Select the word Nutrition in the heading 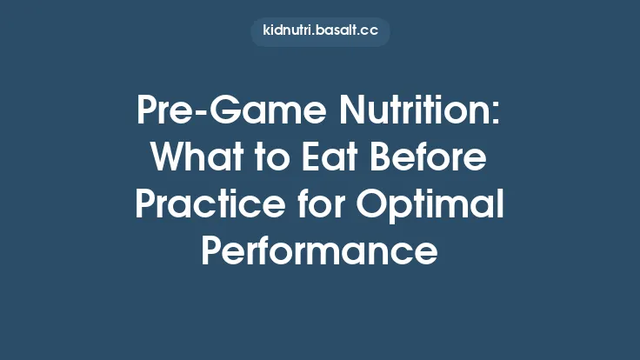[417, 114]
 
